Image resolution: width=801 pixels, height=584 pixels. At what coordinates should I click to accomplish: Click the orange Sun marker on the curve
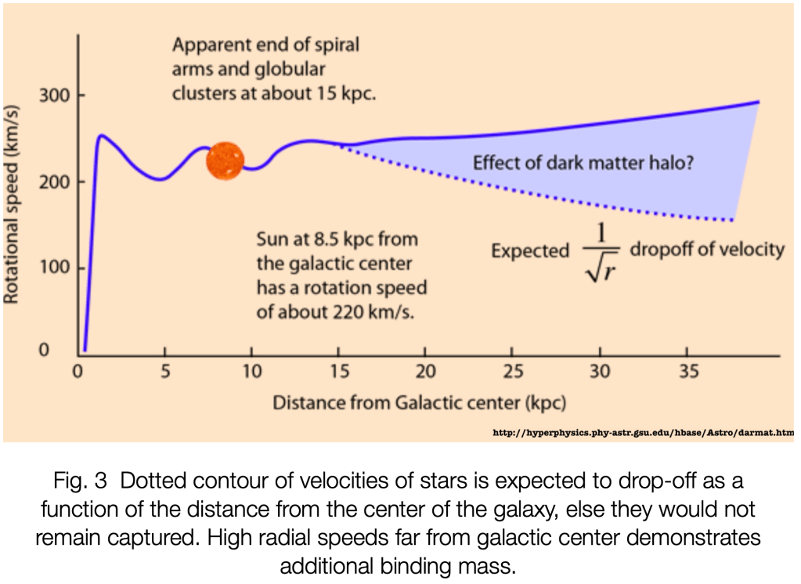pos(225,160)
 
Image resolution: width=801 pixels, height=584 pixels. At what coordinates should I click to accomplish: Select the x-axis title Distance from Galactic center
pos(419,403)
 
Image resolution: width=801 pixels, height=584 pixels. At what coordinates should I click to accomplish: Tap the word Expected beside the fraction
pos(530,251)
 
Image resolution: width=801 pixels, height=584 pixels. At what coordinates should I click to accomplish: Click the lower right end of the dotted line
pos(732,220)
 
